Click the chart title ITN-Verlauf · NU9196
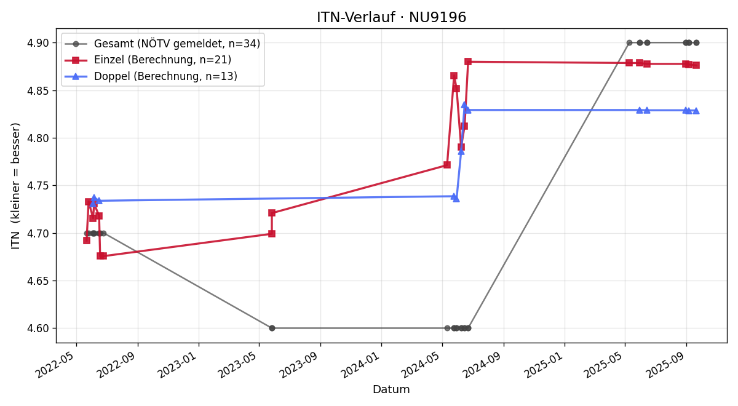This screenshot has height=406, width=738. tap(391, 17)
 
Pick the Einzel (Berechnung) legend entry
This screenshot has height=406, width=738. tap(148, 60)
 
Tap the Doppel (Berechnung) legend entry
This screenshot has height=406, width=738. tap(151, 76)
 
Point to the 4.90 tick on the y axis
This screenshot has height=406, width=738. tap(38, 43)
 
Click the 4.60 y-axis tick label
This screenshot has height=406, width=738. tap(38, 328)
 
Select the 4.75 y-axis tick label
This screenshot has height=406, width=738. tap(38, 186)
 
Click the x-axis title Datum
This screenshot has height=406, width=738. tap(391, 389)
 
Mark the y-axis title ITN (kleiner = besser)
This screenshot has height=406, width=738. tap(15, 186)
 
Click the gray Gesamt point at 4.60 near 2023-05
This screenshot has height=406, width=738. tap(272, 328)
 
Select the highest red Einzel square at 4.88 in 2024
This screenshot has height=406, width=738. tap(468, 62)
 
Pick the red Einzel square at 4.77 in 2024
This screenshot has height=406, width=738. tap(447, 165)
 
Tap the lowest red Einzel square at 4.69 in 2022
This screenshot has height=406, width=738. tap(87, 241)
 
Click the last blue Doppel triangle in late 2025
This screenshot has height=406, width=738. tap(696, 111)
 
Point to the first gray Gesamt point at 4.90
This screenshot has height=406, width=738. tap(629, 43)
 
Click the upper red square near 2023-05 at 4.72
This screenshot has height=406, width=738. tap(272, 213)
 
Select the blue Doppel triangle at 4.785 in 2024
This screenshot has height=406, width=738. tap(461, 151)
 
